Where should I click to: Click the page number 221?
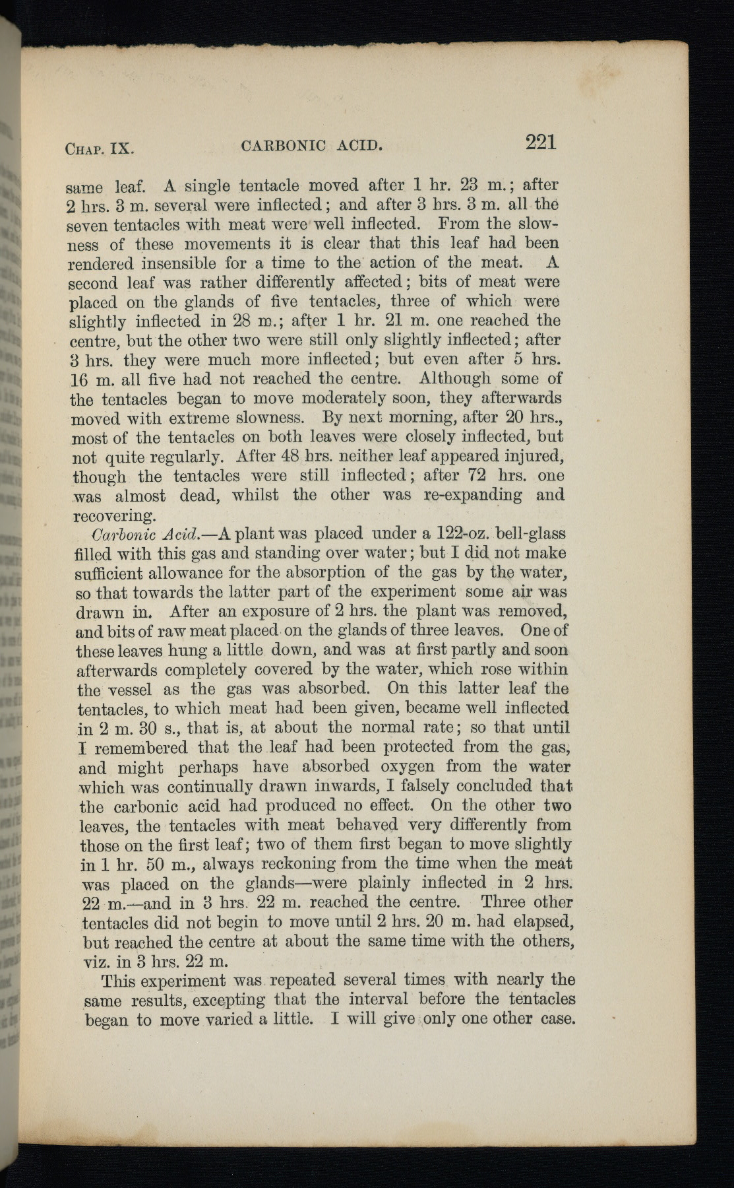pyautogui.click(x=541, y=142)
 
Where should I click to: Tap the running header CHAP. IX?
pyautogui.click(x=100, y=147)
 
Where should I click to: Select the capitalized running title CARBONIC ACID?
pyautogui.click(x=313, y=145)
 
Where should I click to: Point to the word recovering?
pyautogui.click(x=114, y=514)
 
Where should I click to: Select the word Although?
pyautogui.click(x=454, y=379)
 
